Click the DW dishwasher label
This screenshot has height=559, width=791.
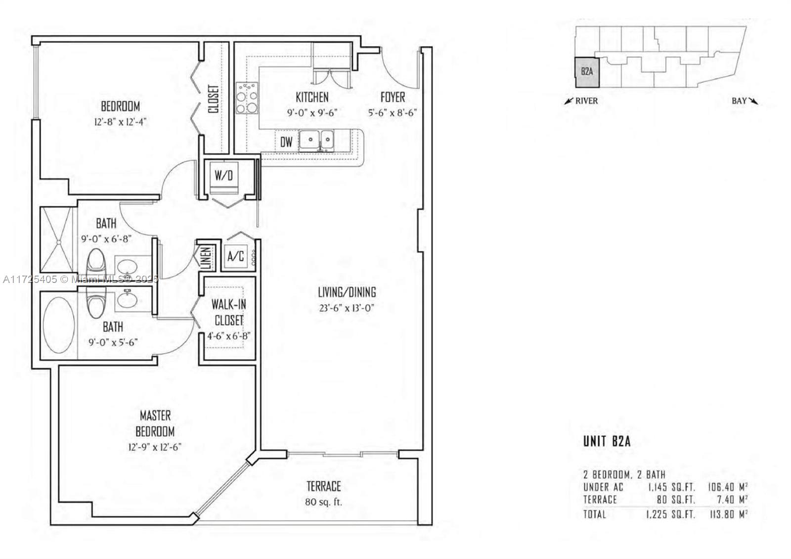(x=286, y=142)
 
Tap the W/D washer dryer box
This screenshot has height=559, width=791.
(x=223, y=176)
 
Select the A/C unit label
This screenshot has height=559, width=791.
(x=235, y=257)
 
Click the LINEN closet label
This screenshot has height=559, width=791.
(x=206, y=257)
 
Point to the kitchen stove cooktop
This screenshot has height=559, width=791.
(x=247, y=98)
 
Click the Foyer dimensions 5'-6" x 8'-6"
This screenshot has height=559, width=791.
(x=393, y=112)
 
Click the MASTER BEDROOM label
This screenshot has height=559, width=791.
(x=155, y=423)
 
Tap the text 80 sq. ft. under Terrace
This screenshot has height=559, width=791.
(x=323, y=503)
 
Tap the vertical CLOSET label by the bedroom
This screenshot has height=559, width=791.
(x=214, y=99)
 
